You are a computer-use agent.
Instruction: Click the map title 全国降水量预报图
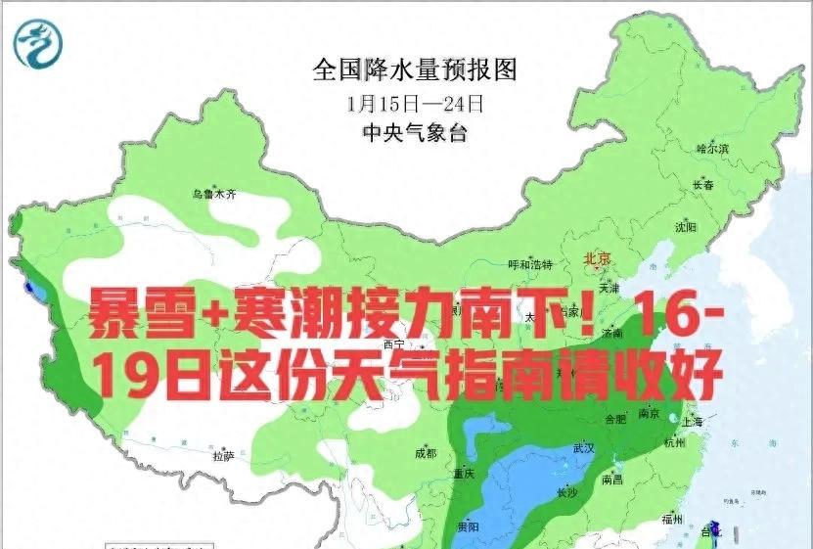414,69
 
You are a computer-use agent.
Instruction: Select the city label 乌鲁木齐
214,194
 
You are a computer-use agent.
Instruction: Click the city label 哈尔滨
712,149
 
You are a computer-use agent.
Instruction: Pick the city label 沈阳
685,227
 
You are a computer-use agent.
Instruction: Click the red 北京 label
597,259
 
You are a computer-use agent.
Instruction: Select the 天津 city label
610,290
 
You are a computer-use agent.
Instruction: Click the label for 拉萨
222,455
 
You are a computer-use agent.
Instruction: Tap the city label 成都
425,453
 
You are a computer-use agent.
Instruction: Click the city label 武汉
583,448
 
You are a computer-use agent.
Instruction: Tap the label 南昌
613,480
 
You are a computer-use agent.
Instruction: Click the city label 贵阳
469,526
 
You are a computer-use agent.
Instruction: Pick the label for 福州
671,519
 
